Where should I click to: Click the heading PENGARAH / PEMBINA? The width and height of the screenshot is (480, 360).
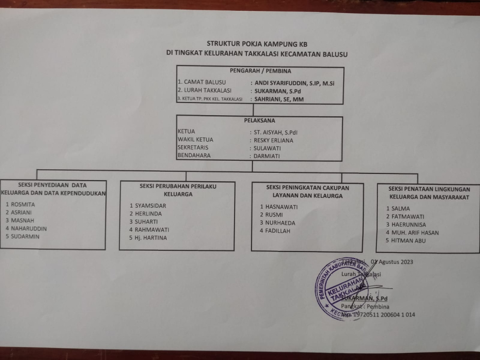[x=260, y=72]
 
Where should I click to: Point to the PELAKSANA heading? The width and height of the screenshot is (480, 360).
[x=260, y=120]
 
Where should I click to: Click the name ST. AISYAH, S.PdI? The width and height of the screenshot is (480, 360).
[x=276, y=132]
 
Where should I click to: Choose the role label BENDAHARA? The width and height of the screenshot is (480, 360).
[x=194, y=156]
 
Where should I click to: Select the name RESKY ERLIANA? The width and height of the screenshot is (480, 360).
[x=274, y=140]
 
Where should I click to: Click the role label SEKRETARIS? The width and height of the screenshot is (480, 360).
[x=193, y=148]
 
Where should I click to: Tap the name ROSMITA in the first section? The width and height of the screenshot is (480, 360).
[x=23, y=204]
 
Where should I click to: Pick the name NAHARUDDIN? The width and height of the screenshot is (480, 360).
[x=29, y=229]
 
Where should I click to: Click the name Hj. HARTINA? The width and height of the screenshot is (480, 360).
[x=151, y=238]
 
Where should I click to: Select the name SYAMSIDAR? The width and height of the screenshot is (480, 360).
[x=150, y=206]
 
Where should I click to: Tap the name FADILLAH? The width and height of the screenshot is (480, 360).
[x=278, y=231]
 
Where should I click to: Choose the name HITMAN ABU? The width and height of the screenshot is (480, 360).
[x=408, y=241]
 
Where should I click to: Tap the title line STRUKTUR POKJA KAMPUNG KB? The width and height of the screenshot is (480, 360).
[x=257, y=44]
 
